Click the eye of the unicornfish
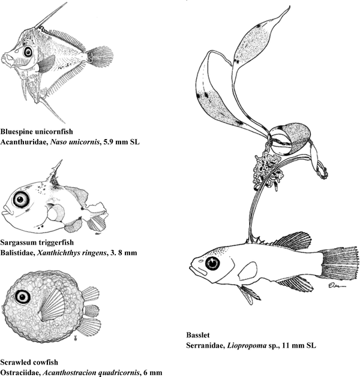coord(28,52)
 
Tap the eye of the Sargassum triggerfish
coord(20,200)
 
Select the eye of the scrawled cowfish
coord(23,297)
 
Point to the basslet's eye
coord(212,263)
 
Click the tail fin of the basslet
coord(339,263)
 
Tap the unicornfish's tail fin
coord(100,57)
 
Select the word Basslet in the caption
coord(198,335)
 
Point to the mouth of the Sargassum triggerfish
coord(7,211)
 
